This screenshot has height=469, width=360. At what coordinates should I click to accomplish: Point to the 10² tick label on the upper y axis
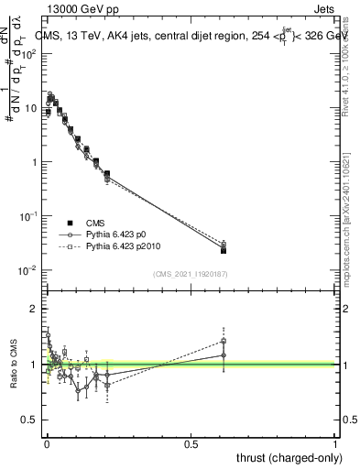(x=28, y=54)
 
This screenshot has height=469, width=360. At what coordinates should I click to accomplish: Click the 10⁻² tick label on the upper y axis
(x=28, y=270)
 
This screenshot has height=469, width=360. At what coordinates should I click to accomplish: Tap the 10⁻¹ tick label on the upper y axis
(x=28, y=216)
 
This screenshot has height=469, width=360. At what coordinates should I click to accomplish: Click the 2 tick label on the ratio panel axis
(x=35, y=309)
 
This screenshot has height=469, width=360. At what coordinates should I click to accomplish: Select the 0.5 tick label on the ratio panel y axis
(x=31, y=420)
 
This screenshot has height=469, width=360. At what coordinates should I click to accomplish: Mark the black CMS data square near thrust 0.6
(x=224, y=249)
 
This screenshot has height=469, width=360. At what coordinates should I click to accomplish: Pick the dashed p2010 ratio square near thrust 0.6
(x=224, y=340)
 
